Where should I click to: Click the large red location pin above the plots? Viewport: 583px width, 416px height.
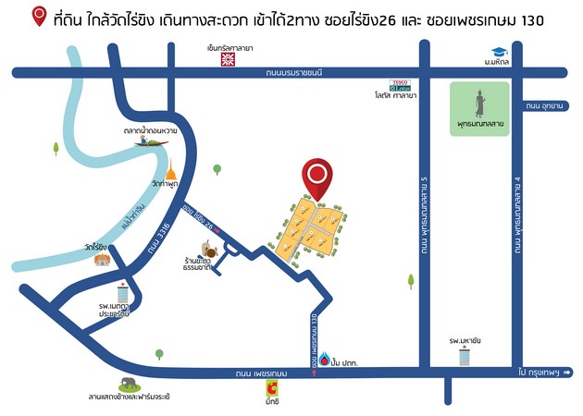pos(318,177)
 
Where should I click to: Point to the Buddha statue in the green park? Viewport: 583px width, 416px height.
pos(478,102)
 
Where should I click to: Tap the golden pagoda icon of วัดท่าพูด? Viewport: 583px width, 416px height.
pos(170,170)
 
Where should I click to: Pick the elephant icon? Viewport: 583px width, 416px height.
pos(127,384)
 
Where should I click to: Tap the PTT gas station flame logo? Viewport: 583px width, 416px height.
pos(330,358)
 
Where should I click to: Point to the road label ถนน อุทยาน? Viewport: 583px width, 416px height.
pos(545,106)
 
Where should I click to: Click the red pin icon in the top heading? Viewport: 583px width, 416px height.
pos(39,16)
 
